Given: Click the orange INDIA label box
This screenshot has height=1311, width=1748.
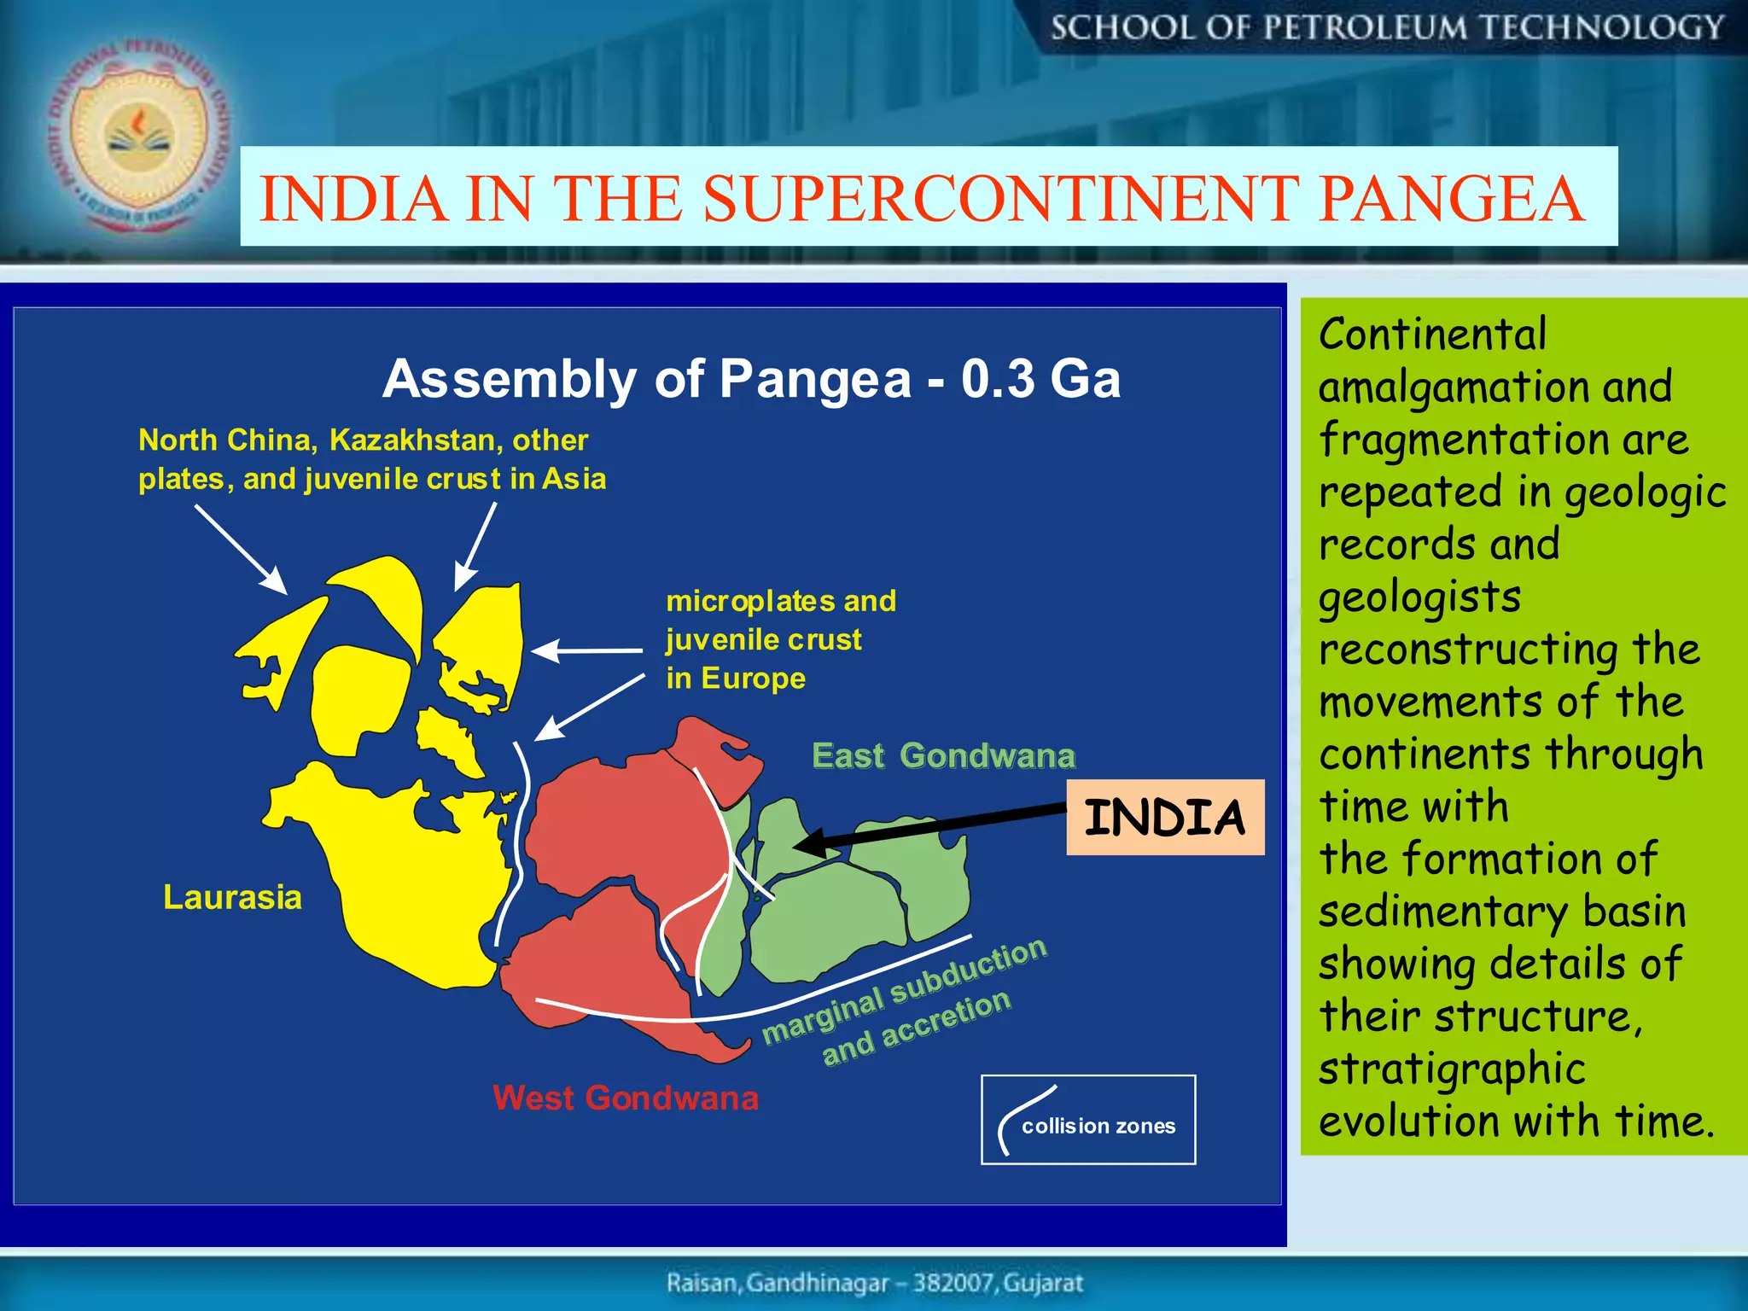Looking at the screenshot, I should (1164, 817).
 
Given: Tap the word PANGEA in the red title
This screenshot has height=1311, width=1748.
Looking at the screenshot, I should (1451, 198).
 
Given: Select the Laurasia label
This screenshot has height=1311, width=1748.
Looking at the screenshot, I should (232, 897).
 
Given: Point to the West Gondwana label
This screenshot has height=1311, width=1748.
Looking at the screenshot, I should (626, 1098).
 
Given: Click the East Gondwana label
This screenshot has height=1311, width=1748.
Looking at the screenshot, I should (943, 755).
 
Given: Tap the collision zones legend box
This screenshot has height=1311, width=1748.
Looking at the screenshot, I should (1088, 1120).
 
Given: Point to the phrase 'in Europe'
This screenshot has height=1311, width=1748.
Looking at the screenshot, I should (736, 678).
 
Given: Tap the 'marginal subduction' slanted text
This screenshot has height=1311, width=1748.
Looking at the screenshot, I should (905, 990).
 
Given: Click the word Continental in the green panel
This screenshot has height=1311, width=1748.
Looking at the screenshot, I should (1432, 334).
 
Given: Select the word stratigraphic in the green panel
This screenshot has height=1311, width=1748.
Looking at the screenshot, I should (1451, 1069).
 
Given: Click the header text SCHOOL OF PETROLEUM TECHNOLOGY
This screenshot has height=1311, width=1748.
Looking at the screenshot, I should (1387, 28).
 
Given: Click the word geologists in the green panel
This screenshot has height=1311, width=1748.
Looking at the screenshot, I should (1419, 597).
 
